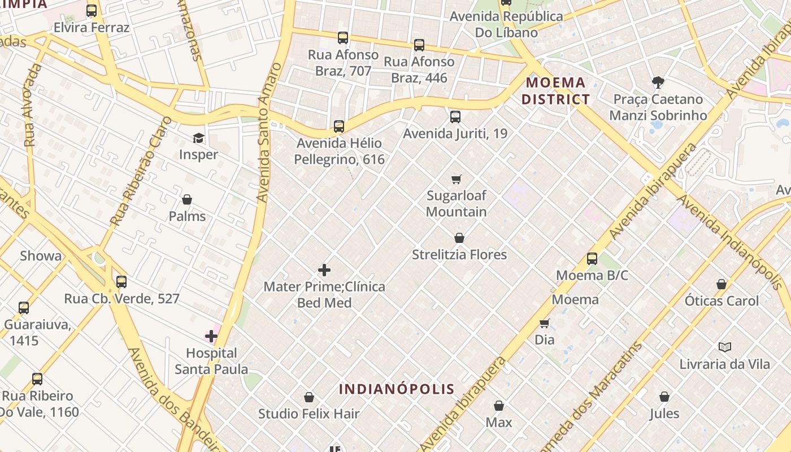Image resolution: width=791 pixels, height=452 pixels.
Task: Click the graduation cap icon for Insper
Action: coord(198,138)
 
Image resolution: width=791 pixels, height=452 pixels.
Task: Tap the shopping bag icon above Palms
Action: coord(187,199)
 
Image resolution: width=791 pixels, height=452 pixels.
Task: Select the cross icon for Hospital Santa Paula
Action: coord(211,337)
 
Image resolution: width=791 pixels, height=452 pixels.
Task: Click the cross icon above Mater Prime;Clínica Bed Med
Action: coord(324,270)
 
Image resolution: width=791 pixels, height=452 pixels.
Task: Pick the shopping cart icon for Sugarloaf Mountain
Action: coord(457,180)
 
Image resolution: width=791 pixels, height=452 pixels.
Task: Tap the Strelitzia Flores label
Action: coord(459,255)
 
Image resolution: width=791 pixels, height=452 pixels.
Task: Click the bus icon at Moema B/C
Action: coord(592,259)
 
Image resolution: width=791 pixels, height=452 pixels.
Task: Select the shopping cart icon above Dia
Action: coord(545,323)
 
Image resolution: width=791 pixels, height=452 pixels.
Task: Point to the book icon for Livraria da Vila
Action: coord(725,347)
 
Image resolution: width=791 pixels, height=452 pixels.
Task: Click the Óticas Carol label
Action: coord(722,301)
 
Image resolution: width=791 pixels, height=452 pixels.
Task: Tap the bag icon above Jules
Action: coord(664,397)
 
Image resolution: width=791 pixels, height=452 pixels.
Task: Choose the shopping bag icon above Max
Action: coord(499,406)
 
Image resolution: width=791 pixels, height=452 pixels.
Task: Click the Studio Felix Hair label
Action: coord(308,414)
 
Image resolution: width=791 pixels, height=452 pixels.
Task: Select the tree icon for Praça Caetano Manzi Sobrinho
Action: coord(658,82)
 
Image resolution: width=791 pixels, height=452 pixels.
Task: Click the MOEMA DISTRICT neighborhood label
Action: coord(555,91)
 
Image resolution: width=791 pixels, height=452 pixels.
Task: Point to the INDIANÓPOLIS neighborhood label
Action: coord(397,389)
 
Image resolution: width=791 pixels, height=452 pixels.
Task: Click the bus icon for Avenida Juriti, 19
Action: coord(455,117)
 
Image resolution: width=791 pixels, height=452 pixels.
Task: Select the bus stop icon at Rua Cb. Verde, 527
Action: coord(121,281)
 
